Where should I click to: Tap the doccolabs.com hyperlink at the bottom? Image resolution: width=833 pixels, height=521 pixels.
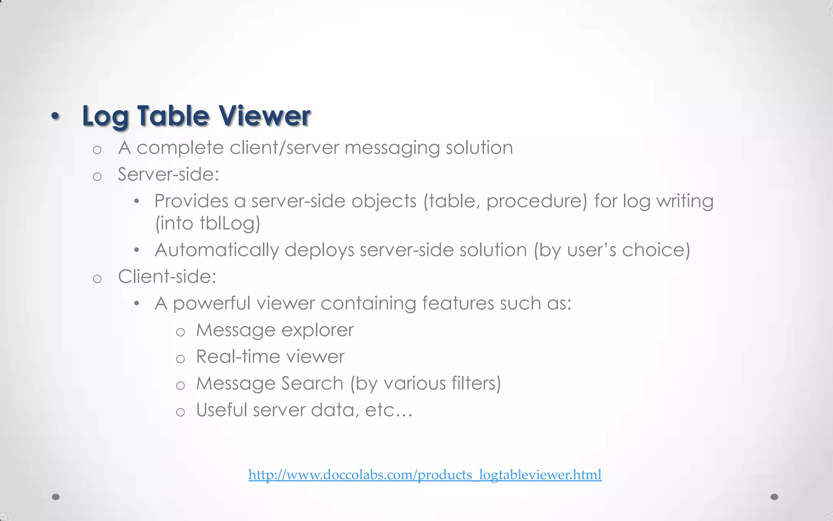click(425, 475)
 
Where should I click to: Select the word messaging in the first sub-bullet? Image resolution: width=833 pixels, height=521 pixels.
click(392, 148)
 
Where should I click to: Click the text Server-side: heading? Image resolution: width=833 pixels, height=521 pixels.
click(168, 175)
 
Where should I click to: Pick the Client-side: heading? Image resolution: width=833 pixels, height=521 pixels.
click(167, 277)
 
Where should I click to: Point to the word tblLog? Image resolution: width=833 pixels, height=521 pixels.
click(229, 223)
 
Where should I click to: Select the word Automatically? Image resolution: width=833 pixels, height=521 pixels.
click(217, 250)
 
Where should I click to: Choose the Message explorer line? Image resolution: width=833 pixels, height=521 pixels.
click(275, 330)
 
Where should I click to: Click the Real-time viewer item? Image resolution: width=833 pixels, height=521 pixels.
click(270, 357)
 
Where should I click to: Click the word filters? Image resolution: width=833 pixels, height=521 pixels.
click(473, 383)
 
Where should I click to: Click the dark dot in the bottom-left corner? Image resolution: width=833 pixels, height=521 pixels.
click(56, 497)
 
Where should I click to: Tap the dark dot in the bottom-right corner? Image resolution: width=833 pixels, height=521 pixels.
click(774, 497)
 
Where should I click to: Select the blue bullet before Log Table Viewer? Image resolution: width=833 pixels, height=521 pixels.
click(55, 117)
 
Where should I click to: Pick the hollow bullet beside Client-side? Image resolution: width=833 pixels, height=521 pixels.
click(97, 279)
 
